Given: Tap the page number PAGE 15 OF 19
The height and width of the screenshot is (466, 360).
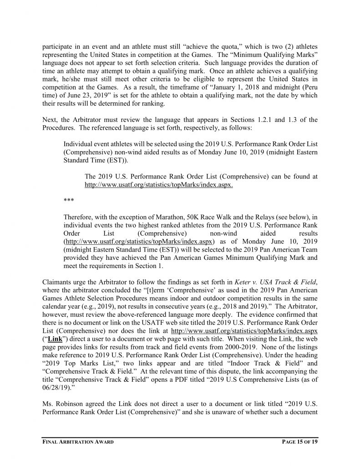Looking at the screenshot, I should pyautogui.click(x=295, y=442).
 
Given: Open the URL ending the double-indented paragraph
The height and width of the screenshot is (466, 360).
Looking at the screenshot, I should pyautogui.click(x=159, y=186).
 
